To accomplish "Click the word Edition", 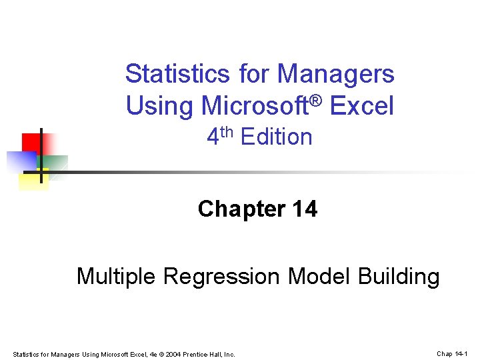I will tap(277, 137).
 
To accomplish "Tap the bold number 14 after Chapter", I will tap(305, 209).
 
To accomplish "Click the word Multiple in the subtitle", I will tap(116, 275).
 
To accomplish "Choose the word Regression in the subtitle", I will tap(225, 276).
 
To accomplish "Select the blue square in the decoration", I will tap(20, 161).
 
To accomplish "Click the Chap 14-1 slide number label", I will tap(453, 353).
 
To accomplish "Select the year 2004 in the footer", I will tap(173, 354).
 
